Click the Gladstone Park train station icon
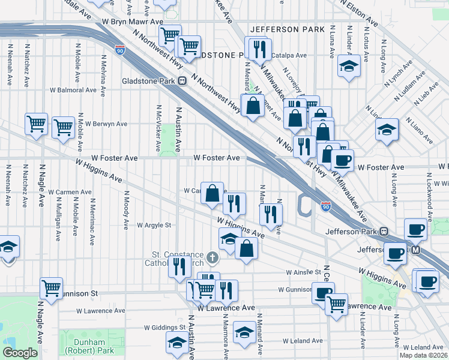pos(181,81)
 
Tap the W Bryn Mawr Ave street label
pos(132,21)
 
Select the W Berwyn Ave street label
pos(106,124)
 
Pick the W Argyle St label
pos(154,226)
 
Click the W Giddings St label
pos(165,328)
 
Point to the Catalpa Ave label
pos(289,55)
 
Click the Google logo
pos(20,353)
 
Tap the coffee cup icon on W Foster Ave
pos(342,160)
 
